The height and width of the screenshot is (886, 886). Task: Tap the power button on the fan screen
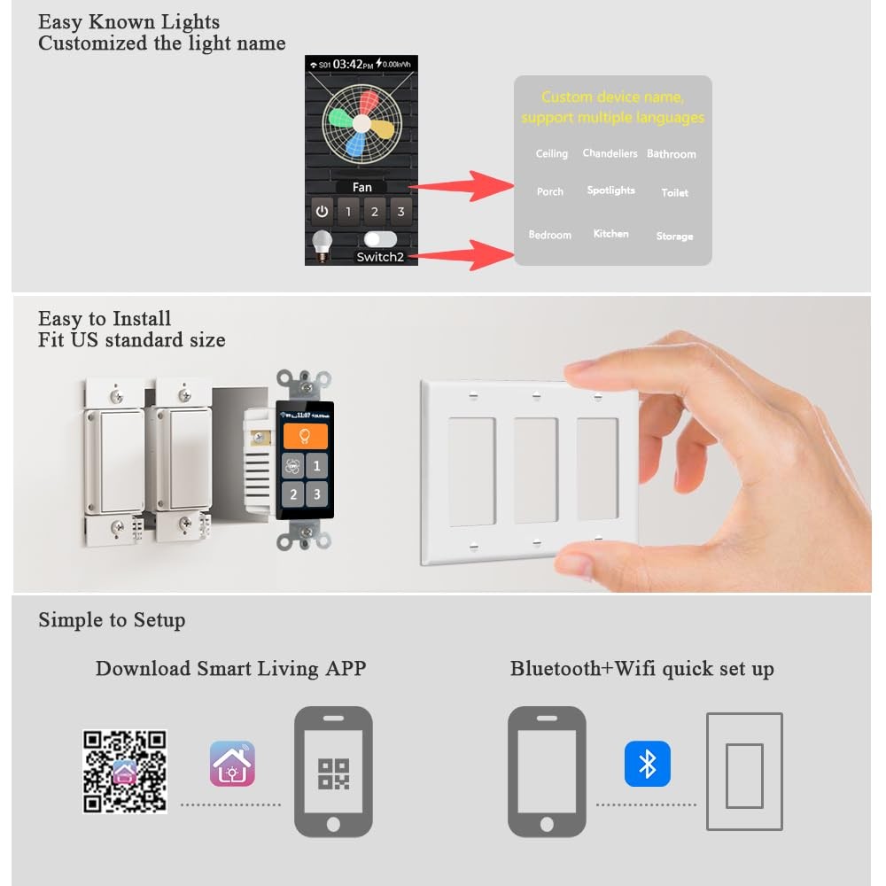[323, 212]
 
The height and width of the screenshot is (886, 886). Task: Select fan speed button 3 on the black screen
[400, 212]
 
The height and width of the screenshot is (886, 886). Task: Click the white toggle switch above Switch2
[380, 239]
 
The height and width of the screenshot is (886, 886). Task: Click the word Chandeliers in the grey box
[610, 153]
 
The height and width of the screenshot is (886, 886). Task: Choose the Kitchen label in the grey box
[610, 233]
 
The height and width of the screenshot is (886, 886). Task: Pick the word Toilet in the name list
[674, 192]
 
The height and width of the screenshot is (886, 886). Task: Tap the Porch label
[550, 191]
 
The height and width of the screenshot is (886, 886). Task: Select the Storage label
[674, 237]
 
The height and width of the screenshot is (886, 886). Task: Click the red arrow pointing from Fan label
[461, 186]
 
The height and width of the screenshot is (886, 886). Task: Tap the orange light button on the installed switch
[305, 436]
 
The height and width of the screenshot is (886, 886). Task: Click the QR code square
[125, 772]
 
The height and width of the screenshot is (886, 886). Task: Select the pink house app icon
[232, 764]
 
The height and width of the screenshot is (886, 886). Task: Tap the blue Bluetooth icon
[648, 764]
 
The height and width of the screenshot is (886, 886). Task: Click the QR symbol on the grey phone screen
[333, 774]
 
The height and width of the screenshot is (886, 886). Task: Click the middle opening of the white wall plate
[536, 470]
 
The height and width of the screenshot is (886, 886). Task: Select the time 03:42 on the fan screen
[347, 64]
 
